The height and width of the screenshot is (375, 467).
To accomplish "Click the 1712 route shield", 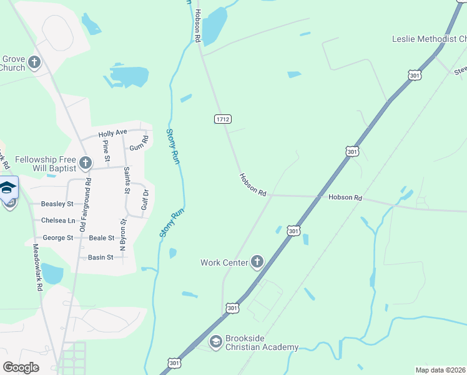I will pos(222,119).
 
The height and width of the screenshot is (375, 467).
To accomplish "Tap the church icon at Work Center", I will pos(257,262).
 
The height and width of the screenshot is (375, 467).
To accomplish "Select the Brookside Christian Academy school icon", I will pos(215,342).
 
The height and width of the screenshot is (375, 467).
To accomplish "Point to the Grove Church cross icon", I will pos(34,63).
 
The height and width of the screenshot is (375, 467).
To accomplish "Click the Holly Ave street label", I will pos(112,132).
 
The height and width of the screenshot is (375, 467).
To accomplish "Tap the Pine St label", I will pos(106,150).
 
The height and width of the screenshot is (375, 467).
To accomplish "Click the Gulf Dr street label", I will pos(144,202).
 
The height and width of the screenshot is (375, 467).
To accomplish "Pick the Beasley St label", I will pos(57,204).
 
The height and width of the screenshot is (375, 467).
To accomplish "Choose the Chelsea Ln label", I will pos(57,221).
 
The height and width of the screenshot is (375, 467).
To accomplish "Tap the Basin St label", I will pos(101,257).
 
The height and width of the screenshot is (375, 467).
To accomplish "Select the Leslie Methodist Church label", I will pos(429,39).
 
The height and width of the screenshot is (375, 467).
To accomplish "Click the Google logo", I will pos(21,367).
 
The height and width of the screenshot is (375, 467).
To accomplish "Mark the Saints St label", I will pos(127,180).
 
